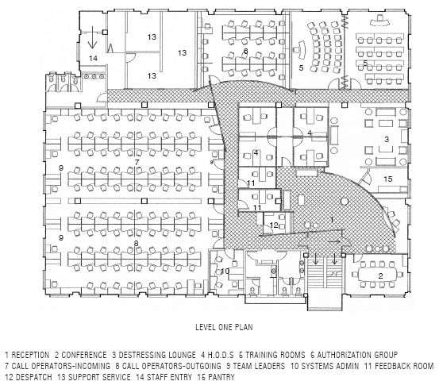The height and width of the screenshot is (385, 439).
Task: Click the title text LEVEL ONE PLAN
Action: [224, 327]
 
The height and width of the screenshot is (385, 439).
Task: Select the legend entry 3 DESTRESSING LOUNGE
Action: [154, 355]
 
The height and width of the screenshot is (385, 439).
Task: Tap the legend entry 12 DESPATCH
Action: [29, 377]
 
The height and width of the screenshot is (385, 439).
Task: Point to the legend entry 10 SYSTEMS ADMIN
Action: [325, 366]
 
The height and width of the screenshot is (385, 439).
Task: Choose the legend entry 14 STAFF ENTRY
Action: [164, 377]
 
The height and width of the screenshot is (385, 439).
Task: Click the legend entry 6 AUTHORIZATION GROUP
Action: [354, 355]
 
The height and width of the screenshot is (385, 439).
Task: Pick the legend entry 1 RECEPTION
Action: [27, 355]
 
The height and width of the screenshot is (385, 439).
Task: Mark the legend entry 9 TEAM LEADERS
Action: [256, 366]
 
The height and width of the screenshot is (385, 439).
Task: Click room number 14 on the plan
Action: [93, 58]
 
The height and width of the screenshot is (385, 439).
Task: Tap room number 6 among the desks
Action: [246, 51]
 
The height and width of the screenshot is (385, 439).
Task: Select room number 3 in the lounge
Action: [387, 139]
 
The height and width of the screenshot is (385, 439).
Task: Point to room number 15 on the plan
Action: [388, 179]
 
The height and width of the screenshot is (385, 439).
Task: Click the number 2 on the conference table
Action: [380, 275]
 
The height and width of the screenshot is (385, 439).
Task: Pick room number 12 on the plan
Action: [274, 225]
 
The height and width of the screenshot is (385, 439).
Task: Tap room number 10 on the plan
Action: [225, 271]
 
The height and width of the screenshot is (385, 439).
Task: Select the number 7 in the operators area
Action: [137, 162]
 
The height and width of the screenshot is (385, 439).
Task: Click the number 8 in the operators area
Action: [136, 244]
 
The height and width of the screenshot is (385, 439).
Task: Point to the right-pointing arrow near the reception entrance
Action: [334, 241]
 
